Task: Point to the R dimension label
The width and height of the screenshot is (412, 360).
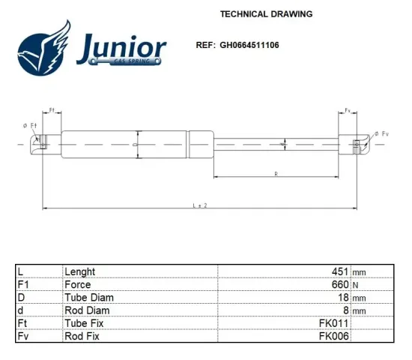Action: (x=276, y=174)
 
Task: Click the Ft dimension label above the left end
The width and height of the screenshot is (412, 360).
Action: (x=52, y=111)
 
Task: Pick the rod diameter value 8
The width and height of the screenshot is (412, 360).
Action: (x=345, y=310)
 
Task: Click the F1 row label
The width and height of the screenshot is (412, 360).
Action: (x=22, y=284)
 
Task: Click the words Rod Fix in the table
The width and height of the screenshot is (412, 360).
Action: (x=82, y=336)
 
